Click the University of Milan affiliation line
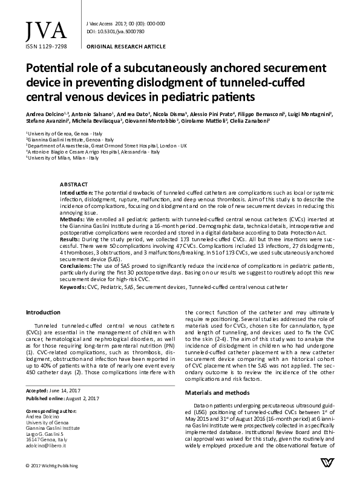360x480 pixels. (54, 157)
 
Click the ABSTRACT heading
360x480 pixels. (74, 183)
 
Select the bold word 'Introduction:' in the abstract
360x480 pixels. (77, 191)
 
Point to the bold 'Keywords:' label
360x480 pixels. (72, 287)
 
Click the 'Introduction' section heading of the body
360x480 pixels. (43, 312)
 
